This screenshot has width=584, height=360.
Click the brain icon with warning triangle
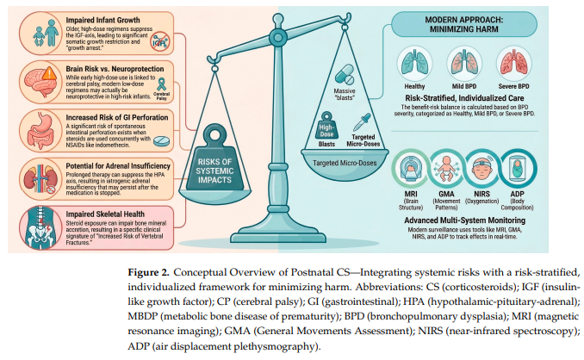tap(40, 83)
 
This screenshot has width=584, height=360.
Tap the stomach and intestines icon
tap(40, 131)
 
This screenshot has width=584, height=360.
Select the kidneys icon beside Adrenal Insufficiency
tap(40, 179)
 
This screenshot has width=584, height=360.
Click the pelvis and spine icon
tap(39, 228)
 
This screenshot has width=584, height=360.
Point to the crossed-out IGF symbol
tap(160, 41)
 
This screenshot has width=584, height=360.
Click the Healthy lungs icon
tap(414, 64)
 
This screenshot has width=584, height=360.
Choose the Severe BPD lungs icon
tap(513, 64)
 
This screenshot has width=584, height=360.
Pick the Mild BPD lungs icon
tap(464, 64)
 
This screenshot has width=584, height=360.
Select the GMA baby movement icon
tap(446, 169)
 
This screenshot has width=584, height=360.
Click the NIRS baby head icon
tap(482, 169)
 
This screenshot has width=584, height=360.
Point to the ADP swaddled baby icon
tap(518, 169)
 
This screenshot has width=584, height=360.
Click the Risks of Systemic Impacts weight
tap(214, 161)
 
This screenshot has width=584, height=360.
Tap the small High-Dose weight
tap(326, 126)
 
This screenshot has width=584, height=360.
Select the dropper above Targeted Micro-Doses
tap(362, 122)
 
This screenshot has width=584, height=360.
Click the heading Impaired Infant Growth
tap(103, 20)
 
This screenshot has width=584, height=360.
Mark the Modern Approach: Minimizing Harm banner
tap(464, 25)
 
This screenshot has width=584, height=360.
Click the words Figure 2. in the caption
tap(149, 272)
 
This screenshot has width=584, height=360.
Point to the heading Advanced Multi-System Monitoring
tap(465, 220)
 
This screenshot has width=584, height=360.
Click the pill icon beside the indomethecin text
tap(161, 140)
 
